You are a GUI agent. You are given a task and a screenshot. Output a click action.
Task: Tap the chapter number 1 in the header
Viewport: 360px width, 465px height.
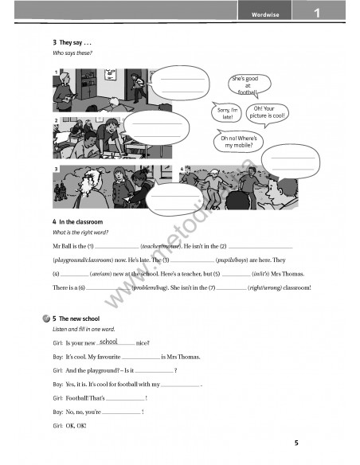(316, 13)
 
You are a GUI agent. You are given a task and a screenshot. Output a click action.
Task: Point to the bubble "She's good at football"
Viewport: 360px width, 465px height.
(248, 85)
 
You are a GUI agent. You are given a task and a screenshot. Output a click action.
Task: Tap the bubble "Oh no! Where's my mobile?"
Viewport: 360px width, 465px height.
(239, 143)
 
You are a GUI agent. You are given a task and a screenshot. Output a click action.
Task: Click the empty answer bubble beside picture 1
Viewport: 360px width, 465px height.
(182, 83)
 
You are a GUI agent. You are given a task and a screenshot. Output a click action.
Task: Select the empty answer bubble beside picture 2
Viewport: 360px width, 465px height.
(157, 127)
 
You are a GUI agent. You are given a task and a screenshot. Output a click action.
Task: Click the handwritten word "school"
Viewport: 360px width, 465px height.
(109, 342)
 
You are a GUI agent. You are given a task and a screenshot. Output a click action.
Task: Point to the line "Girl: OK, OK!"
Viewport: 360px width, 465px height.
(70, 425)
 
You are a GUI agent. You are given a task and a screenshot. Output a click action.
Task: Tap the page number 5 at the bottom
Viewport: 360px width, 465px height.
(296, 443)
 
